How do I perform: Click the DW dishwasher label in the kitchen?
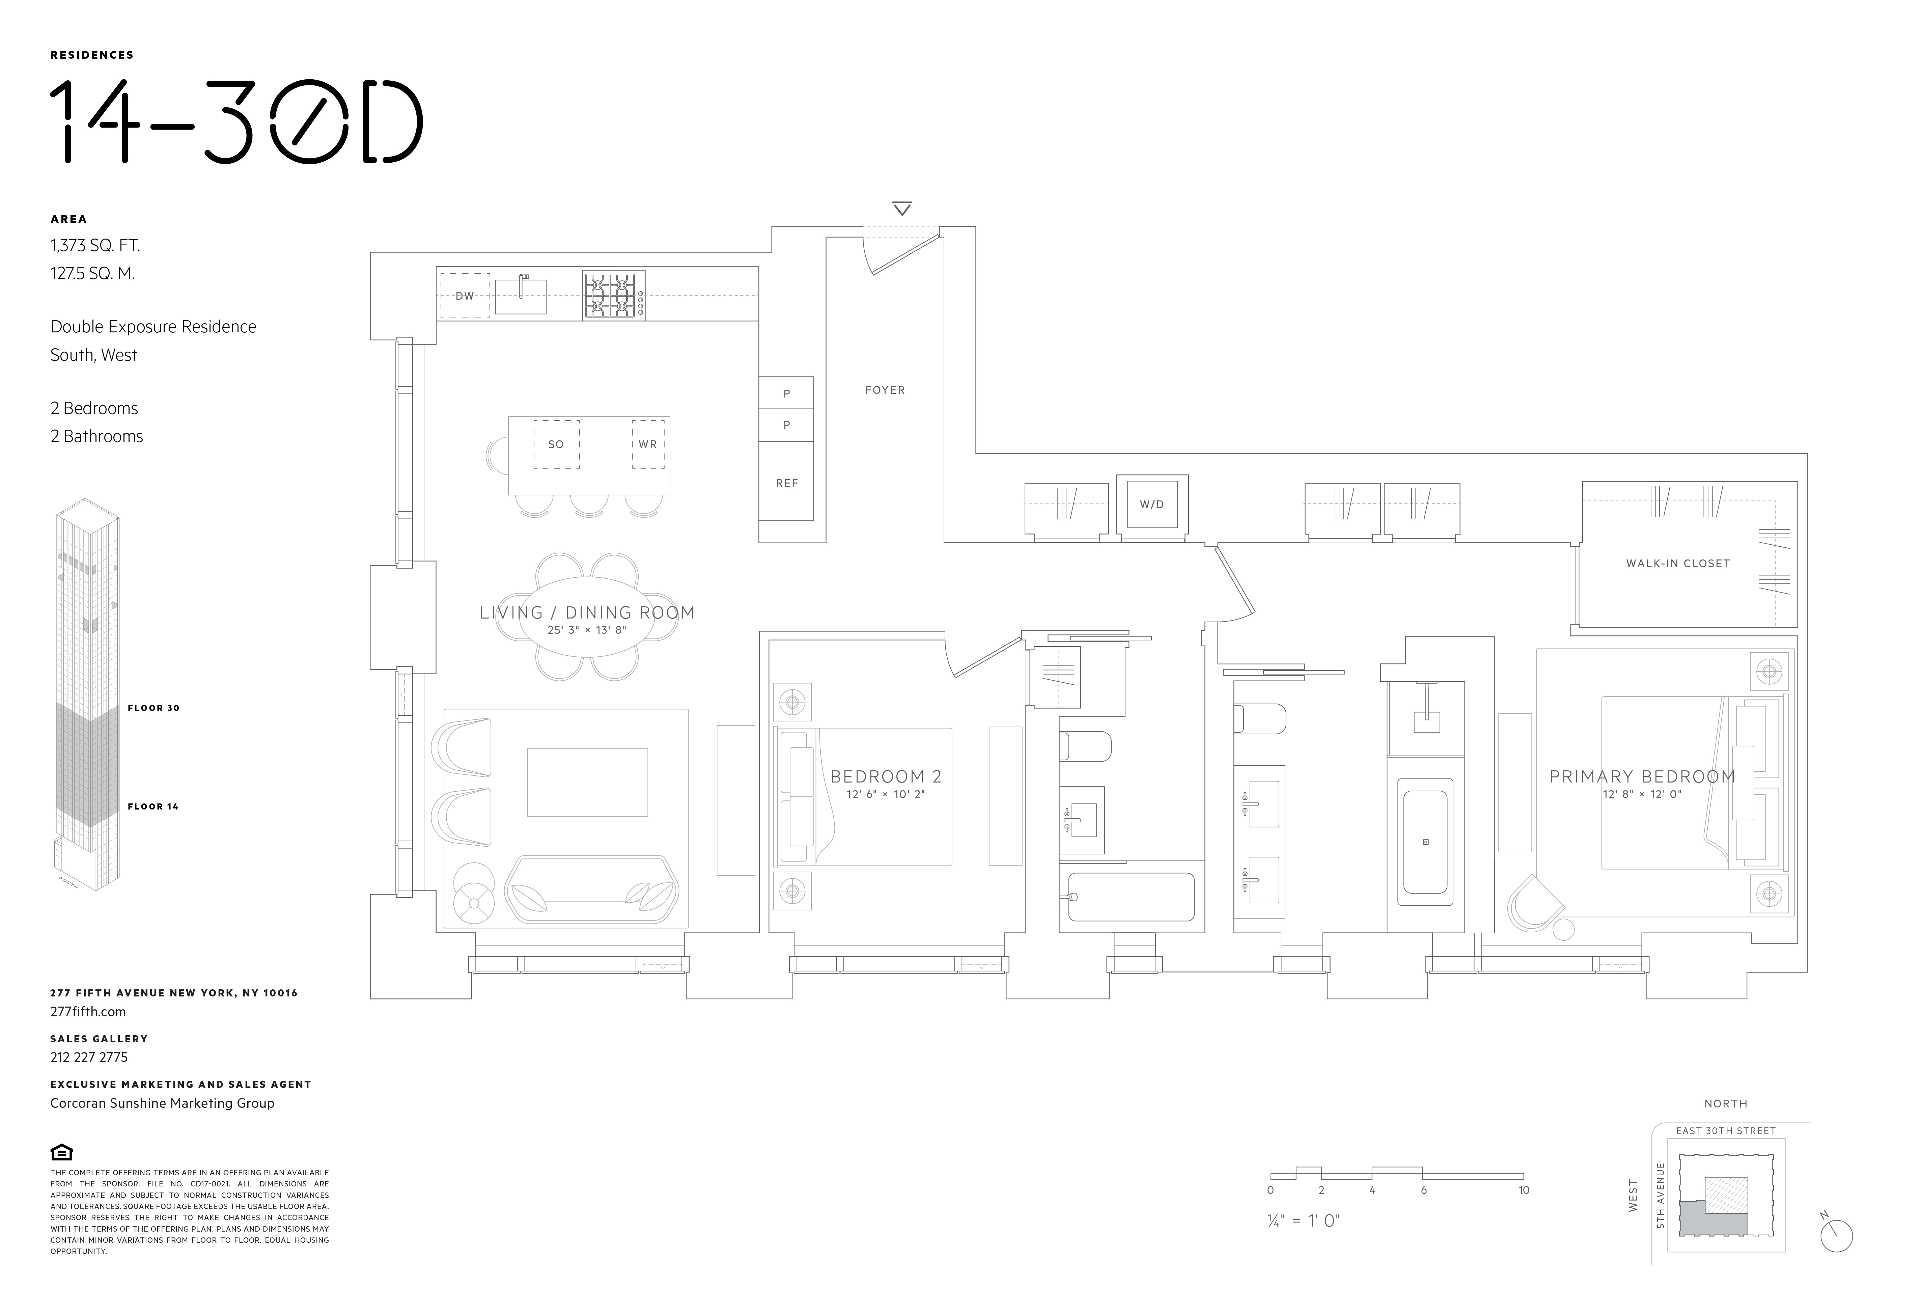click(464, 296)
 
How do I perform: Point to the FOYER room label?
click(885, 390)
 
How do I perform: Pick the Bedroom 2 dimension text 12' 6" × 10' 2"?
click(885, 795)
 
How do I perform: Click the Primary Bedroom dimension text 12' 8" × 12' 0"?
click(1642, 795)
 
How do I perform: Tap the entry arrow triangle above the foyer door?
click(902, 209)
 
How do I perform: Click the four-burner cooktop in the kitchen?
click(613, 296)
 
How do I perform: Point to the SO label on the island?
click(556, 444)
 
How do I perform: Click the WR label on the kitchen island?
click(648, 444)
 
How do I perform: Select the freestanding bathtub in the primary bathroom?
click(1425, 842)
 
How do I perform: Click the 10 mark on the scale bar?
click(1523, 1190)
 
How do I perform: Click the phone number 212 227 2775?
click(89, 1057)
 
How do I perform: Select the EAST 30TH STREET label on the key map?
click(1725, 1131)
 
